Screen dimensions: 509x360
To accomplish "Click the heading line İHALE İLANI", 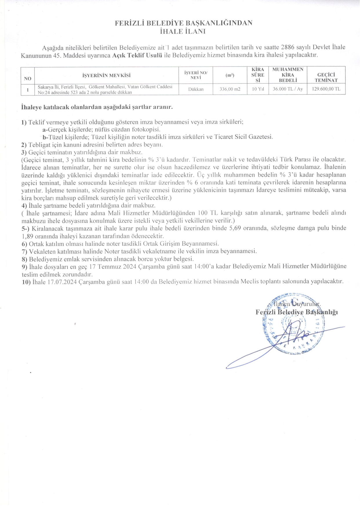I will coord(183,32).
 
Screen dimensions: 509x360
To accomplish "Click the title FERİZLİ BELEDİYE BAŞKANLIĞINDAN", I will coord(183,23).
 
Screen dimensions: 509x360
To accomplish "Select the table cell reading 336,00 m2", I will coord(230,89).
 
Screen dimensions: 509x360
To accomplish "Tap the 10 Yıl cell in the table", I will coord(258,89).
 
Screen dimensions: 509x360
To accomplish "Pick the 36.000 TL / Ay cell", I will coord(288,89).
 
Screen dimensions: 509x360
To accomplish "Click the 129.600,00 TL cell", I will coord(326,89).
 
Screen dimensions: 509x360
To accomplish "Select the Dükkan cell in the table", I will coord(196,89).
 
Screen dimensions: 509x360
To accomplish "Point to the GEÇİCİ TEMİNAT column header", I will coord(326,78).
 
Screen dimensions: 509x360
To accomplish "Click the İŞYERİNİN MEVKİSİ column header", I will coord(106,76).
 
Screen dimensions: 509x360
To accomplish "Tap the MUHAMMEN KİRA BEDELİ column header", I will coord(288,75).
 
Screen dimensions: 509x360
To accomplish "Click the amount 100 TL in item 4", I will coord(208,213).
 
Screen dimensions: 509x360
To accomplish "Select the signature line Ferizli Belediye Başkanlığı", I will coord(297,312).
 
